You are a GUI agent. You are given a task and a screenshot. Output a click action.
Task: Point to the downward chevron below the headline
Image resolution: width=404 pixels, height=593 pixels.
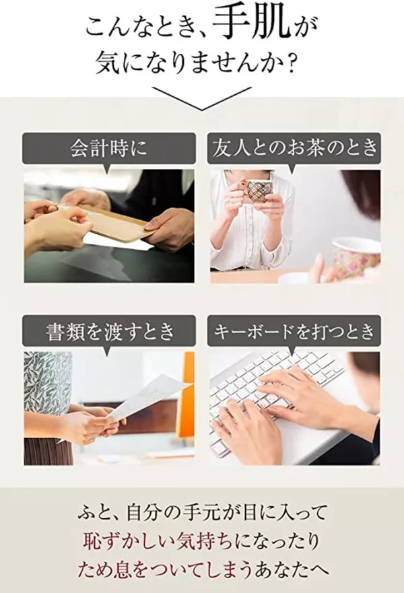[201, 99]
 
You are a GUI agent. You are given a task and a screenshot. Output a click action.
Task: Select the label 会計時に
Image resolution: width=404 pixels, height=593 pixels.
[108, 148]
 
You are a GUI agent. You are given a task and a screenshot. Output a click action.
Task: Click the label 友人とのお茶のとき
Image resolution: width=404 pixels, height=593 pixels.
[295, 148]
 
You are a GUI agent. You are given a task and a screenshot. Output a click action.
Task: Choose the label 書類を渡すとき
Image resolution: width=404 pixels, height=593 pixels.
[110, 331]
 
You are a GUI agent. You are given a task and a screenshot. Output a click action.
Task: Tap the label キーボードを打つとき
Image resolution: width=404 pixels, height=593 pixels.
[294, 331]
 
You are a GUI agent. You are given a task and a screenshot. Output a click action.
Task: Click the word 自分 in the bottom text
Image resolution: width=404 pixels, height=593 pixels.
[144, 513]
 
